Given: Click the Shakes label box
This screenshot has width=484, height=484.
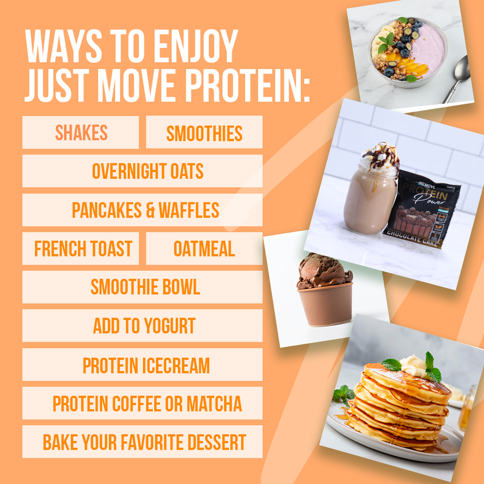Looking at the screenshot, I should coord(81,133).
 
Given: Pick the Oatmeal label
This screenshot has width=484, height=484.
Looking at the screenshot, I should coord(204,249).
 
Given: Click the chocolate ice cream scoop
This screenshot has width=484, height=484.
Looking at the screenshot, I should coord(323,270).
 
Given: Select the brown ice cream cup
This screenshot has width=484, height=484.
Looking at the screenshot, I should coord(324,304).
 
